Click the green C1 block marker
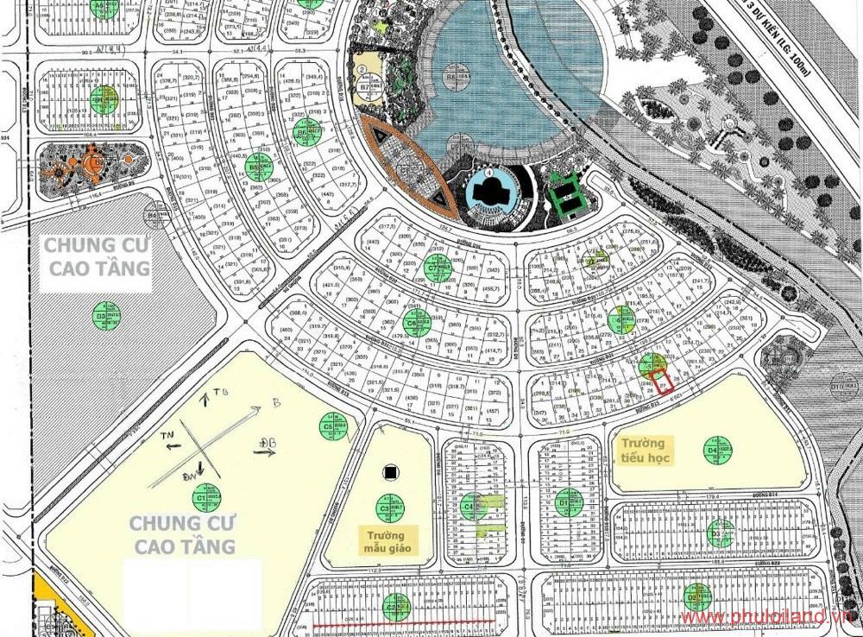pos(207,497)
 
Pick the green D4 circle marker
pos(716,450)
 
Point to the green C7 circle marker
pos(438,269)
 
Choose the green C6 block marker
pos(417,323)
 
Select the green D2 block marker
pos(696,596)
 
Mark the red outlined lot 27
pos(663,382)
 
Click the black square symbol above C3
pos(391,472)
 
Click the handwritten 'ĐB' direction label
pos(264,444)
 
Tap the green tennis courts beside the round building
pos(567,192)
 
